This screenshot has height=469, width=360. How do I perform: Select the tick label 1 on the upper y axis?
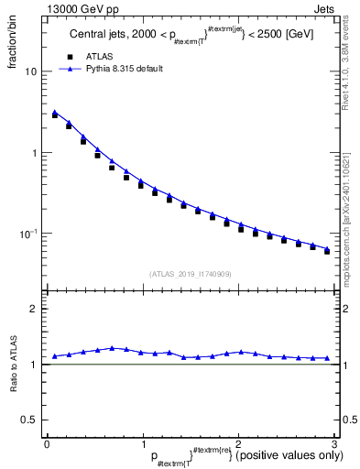pos(35,153)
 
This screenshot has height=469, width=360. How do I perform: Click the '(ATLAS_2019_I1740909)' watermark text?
pos(191,273)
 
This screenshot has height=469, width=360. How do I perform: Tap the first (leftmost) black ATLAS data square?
pos(55,115)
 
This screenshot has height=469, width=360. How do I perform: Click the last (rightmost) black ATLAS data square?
pos(327,251)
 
